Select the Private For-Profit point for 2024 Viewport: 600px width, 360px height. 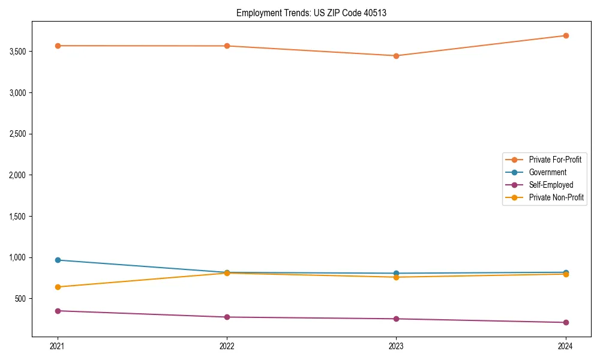pos(565,35)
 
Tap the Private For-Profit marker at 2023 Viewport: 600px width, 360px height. pos(396,56)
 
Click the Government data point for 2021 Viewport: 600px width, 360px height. pos(58,260)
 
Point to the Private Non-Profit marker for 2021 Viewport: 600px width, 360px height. pos(58,287)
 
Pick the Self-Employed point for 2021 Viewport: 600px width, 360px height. pos(58,311)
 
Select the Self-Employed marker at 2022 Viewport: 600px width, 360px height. pos(227,317)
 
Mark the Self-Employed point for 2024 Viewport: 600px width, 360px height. pos(565,322)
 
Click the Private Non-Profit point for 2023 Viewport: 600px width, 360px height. pos(396,277)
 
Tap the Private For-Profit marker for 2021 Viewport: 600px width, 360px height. pos(58,46)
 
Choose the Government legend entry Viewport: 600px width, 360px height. pos(547,172)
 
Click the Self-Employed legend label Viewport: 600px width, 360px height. pos(551,185)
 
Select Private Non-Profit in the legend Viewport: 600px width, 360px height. pos(556,197)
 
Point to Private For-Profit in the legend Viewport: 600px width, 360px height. pos(555,160)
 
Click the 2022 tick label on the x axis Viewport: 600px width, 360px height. pos(227,346)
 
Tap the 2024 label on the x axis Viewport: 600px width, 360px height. pos(565,346)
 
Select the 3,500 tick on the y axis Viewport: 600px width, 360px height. pos(19,52)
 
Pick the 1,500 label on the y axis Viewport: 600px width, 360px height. pos(19,217)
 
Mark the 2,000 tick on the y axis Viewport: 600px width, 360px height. pos(19,175)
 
